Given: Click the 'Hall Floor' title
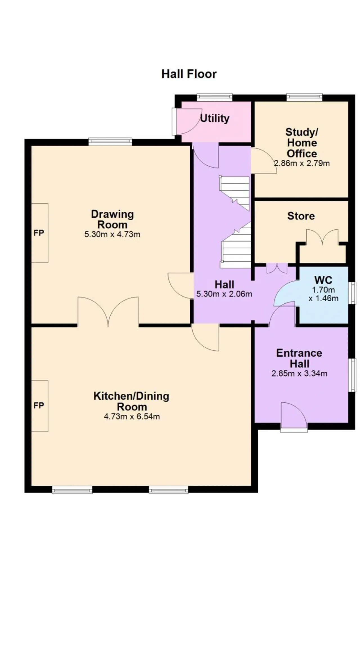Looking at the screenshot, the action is click(189, 74).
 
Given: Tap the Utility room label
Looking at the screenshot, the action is click(215, 118).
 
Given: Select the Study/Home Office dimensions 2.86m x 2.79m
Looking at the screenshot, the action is click(302, 163).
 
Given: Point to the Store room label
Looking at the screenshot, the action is click(301, 216).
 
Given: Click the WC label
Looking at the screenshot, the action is click(323, 280).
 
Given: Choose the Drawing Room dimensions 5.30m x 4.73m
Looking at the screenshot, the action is click(112, 234).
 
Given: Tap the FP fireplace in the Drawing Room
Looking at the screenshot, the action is click(39, 233).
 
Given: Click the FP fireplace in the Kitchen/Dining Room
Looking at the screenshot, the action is click(39, 406).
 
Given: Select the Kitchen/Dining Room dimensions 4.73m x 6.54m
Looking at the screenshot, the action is click(132, 416).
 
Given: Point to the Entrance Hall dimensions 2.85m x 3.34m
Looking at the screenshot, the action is click(299, 373).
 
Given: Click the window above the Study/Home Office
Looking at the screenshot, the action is click(305, 97).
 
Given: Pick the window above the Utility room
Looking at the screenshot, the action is click(215, 97).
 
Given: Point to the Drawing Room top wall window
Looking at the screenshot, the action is click(110, 141).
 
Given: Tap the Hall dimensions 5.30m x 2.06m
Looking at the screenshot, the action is click(224, 294).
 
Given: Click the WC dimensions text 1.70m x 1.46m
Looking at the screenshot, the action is click(323, 294).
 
